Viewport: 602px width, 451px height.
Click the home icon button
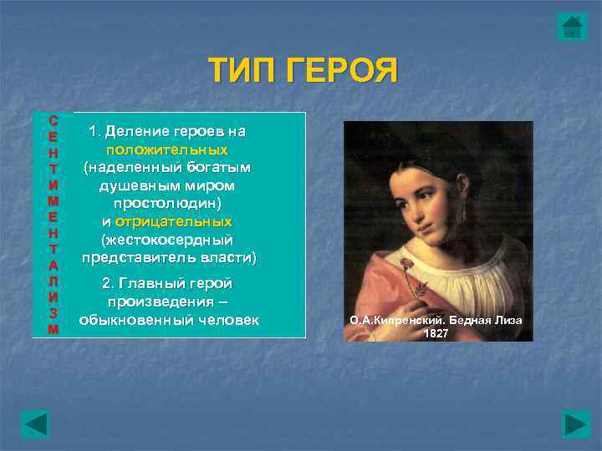572,27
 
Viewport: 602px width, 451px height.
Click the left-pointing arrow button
35,423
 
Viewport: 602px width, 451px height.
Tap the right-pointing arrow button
576,423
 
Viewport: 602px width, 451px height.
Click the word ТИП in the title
243,72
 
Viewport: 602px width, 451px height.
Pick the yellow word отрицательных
173,221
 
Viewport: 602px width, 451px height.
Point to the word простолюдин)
167,203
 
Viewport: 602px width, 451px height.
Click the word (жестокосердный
167,240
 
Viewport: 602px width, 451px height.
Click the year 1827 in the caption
436,333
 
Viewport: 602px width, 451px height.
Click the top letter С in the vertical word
53,119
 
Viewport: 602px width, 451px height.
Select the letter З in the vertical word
53,312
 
